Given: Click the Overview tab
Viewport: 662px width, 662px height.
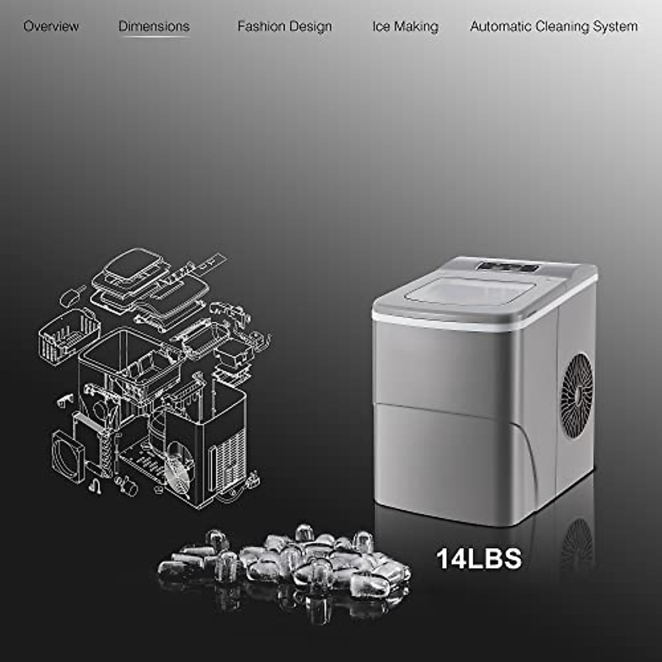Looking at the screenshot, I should coord(51,26).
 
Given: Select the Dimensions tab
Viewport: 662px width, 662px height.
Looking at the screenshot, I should coord(154,26).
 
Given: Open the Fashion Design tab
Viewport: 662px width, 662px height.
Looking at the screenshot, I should coord(285,26).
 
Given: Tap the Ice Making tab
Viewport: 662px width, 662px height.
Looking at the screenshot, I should coord(405,26).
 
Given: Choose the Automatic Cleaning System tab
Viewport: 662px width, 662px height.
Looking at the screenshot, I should coord(553,26).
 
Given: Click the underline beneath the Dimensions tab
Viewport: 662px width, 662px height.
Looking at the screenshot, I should coord(154,37).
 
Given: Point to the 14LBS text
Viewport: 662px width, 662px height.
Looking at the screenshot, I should coord(479,558).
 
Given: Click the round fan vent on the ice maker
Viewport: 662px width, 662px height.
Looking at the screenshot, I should coord(576,391).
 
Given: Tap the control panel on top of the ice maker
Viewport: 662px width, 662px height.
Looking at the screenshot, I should coord(508,267).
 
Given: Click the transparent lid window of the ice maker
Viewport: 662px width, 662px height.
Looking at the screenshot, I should coord(472,291).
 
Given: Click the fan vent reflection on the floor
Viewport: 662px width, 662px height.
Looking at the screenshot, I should coord(576,543).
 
